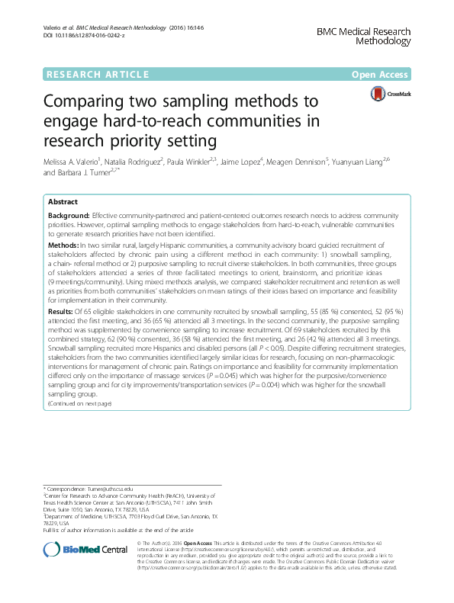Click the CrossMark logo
[x=391, y=95]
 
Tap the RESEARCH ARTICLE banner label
[x=97, y=74]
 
